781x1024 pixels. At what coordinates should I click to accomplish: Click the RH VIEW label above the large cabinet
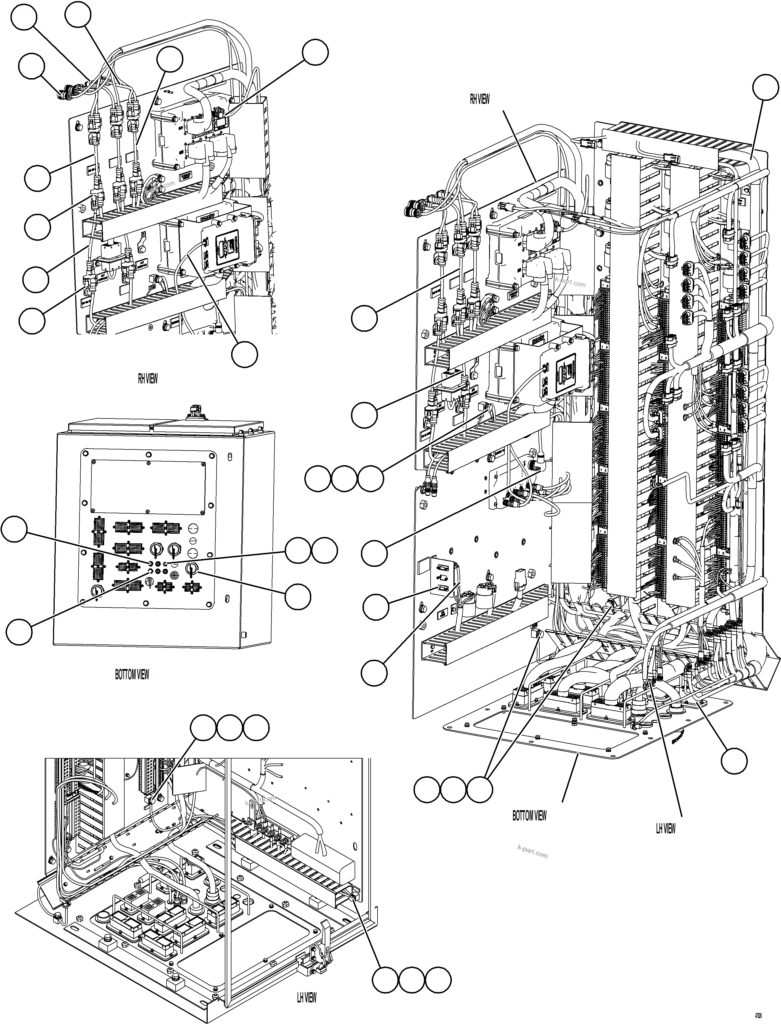click(479, 99)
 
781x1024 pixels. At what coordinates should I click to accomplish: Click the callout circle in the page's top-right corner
click(765, 87)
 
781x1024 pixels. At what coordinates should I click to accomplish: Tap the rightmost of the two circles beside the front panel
click(324, 551)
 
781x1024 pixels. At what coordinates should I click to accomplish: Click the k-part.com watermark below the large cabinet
click(532, 851)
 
